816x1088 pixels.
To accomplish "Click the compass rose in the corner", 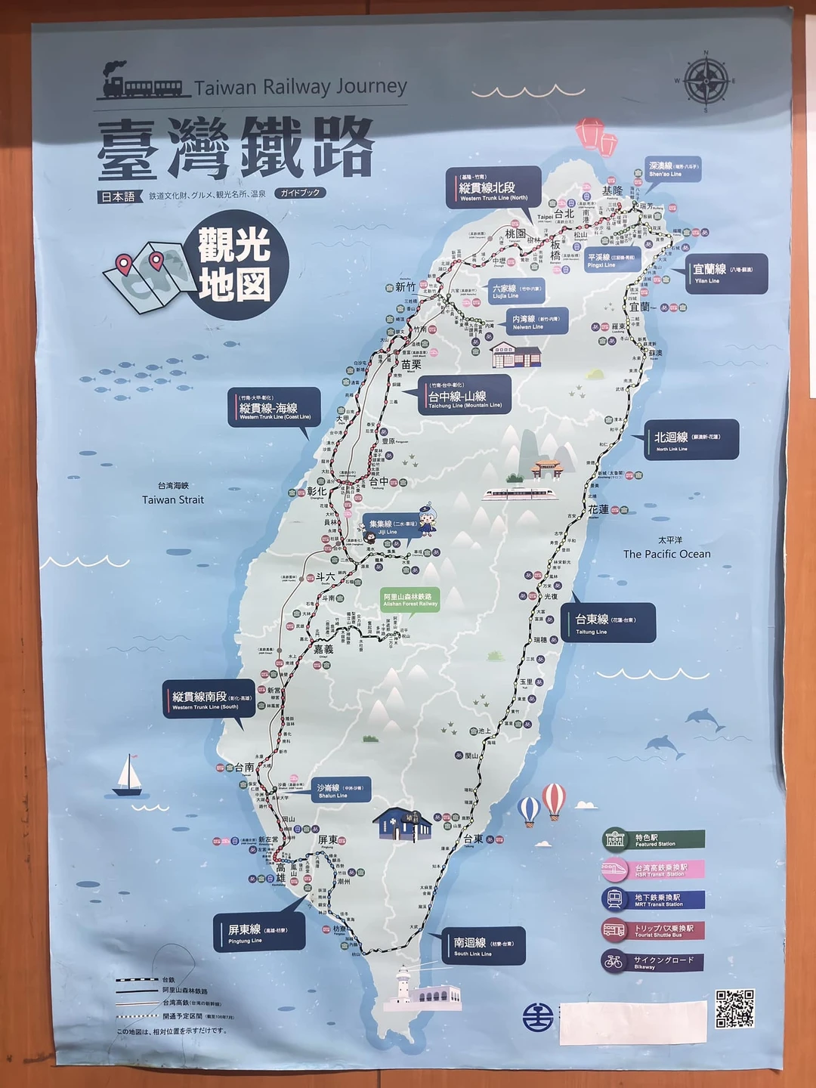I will click(x=706, y=80).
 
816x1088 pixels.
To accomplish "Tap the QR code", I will click(x=734, y=1009).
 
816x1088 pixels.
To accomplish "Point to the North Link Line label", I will click(x=691, y=440).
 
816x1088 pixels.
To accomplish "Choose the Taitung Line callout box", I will click(x=610, y=623).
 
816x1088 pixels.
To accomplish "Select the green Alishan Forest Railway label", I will click(x=410, y=599).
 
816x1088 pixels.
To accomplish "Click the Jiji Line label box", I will click(x=391, y=527).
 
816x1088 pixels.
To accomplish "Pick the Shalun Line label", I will click(x=341, y=790).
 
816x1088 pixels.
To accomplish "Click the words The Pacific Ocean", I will click(x=666, y=554).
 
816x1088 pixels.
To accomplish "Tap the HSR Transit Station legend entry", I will click(x=654, y=870).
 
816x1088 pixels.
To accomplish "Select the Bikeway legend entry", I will click(x=654, y=963).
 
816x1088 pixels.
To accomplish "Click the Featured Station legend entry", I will click(x=654, y=840).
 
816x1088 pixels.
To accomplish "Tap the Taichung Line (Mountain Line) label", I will click(x=465, y=395).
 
